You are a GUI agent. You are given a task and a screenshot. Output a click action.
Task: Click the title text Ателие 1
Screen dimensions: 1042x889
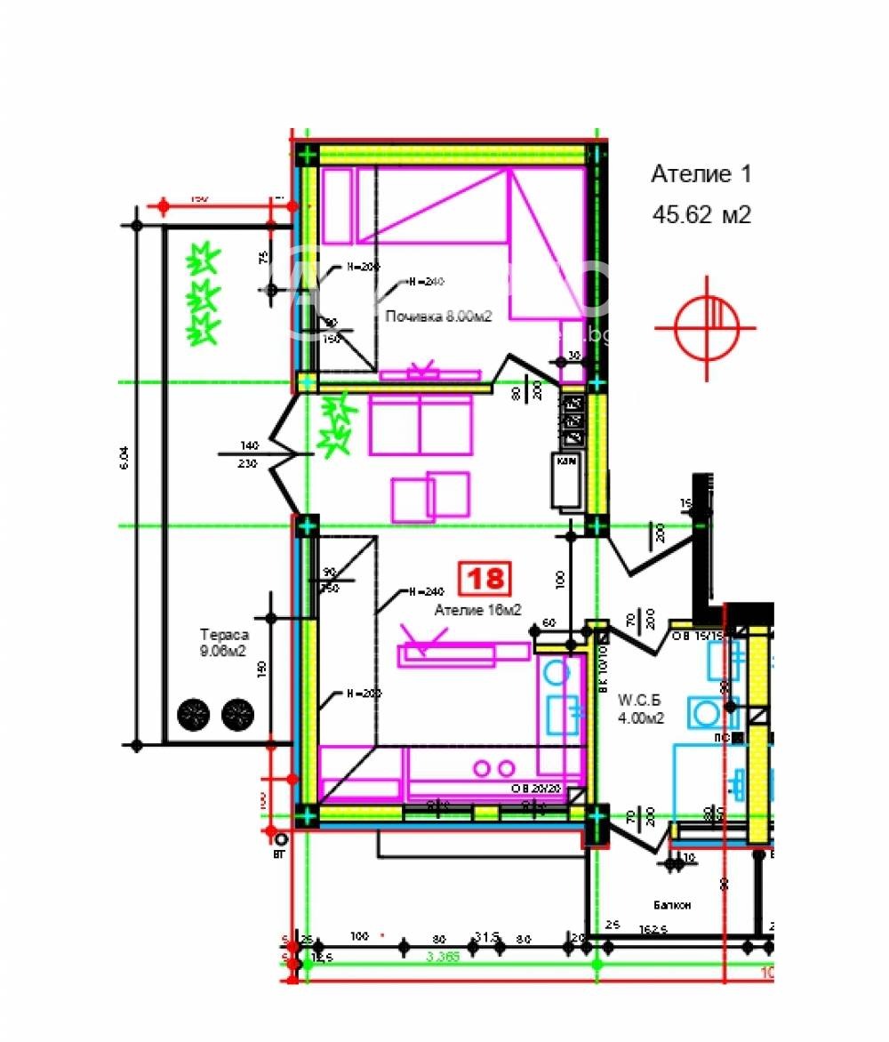coord(701,174)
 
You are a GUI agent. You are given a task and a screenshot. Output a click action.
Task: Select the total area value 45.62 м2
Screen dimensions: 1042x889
coord(701,215)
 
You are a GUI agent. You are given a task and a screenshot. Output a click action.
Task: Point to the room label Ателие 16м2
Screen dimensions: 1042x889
coord(477,610)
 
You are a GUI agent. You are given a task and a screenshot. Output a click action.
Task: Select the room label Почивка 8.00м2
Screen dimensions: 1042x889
coord(439,316)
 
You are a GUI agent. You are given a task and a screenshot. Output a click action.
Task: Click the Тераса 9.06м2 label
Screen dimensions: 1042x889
coord(222,644)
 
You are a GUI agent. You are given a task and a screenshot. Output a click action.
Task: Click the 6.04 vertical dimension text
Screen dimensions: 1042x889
coord(124,457)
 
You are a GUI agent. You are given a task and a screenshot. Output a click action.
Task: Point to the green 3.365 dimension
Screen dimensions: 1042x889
coord(442,957)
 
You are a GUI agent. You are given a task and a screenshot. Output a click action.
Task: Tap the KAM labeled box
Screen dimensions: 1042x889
coord(566,462)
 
